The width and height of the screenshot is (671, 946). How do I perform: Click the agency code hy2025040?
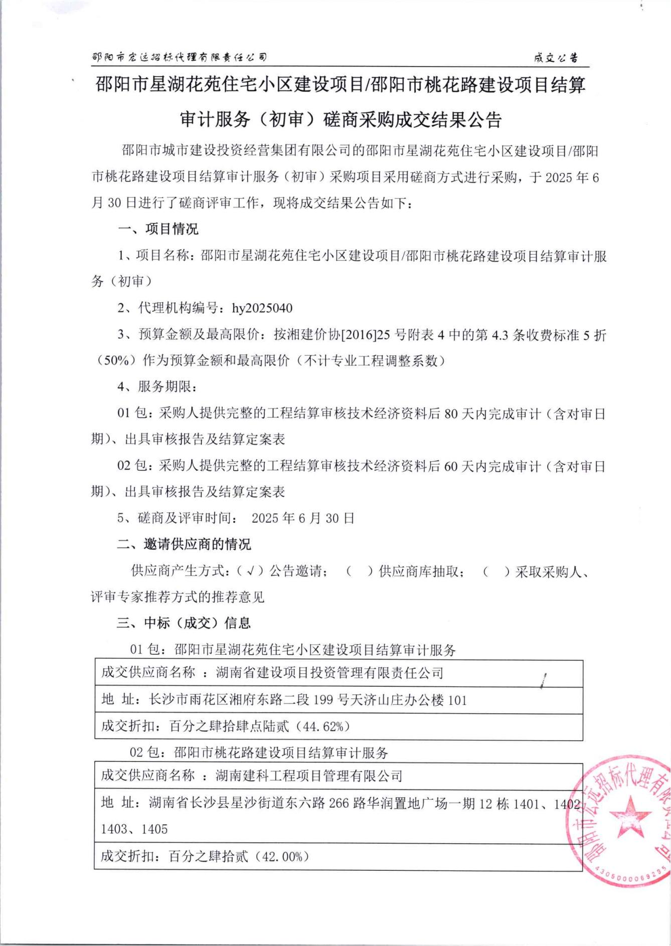point(262,308)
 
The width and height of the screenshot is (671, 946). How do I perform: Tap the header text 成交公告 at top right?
point(556,58)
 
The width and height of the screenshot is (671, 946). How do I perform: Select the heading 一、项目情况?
point(158,229)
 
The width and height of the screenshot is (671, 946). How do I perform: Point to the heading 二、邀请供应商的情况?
point(184,544)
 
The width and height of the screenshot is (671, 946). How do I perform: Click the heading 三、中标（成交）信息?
point(184,623)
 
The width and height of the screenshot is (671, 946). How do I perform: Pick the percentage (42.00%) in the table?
point(282,856)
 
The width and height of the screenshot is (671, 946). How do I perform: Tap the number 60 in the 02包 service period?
point(451,466)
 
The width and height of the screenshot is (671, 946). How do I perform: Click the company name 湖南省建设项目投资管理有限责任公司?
point(329,673)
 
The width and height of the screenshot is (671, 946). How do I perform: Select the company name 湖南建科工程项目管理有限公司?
point(309,776)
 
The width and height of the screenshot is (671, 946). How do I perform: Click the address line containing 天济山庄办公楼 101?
point(308,700)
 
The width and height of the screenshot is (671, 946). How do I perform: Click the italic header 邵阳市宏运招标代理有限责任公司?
point(180,57)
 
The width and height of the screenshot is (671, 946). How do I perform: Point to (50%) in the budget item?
point(117,360)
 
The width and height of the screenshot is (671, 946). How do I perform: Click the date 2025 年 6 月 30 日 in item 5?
point(303,518)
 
